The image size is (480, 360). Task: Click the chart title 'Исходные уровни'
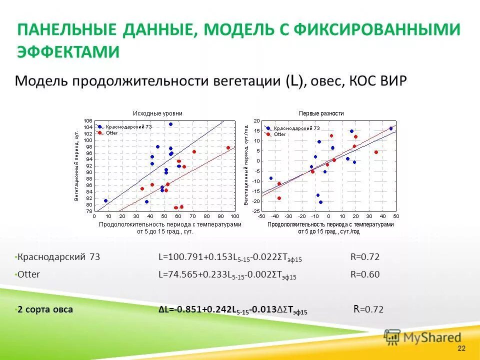tap(157, 113)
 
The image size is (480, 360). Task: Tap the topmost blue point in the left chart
tap(170, 124)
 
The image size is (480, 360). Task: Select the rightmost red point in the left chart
tap(228, 148)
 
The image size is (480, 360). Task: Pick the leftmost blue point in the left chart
tap(105, 200)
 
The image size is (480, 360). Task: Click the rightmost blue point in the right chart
tap(391, 128)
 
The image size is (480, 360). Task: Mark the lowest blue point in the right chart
tap(320, 202)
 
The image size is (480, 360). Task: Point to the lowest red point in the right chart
tap(279, 198)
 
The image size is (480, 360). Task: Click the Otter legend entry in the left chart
tap(111, 132)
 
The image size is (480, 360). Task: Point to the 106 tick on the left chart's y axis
tap(88, 121)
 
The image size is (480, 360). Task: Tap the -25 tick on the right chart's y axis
tap(256, 211)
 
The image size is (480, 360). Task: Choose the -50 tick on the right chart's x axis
tap(261, 216)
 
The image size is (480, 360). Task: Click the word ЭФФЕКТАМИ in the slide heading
tap(68, 52)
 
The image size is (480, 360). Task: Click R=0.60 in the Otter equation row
tap(365, 274)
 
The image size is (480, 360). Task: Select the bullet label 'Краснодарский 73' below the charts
tap(59, 257)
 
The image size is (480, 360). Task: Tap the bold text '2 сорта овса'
tap(45, 309)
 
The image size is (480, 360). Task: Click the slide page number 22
tap(461, 348)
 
